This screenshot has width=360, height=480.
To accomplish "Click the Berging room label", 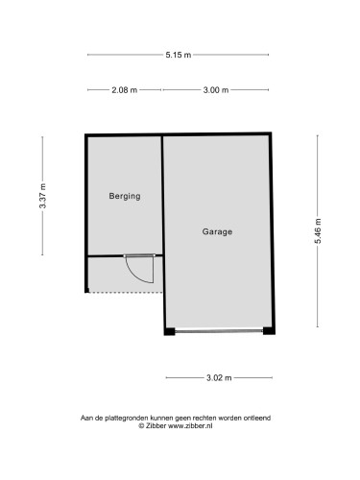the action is click(125, 196).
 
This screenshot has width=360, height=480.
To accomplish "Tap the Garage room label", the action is click(217, 231).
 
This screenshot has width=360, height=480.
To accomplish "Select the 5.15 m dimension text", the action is click(179, 55).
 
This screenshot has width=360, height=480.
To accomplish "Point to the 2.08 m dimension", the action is click(125, 90).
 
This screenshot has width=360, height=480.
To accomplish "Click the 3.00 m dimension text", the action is click(216, 90).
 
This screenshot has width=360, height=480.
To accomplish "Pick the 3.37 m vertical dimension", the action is click(42, 196).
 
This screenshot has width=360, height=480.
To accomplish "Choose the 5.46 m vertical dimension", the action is click(318, 231).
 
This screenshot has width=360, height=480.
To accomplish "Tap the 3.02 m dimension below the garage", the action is click(219, 378).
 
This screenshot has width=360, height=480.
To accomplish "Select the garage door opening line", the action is click(219, 331).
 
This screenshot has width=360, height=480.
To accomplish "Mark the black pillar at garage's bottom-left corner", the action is click(170, 331).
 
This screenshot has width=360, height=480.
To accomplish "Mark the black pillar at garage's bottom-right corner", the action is click(269, 330).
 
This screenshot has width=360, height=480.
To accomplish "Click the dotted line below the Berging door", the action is click(126, 292).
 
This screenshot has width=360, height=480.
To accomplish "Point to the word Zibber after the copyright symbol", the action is click(156, 426).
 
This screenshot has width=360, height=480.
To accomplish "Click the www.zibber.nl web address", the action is click(190, 426).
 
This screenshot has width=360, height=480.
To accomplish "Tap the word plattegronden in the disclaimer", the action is click(127, 418).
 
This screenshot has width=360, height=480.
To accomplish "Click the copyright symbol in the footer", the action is click(141, 426).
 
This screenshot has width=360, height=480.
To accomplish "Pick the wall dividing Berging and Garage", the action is click(162, 212).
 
